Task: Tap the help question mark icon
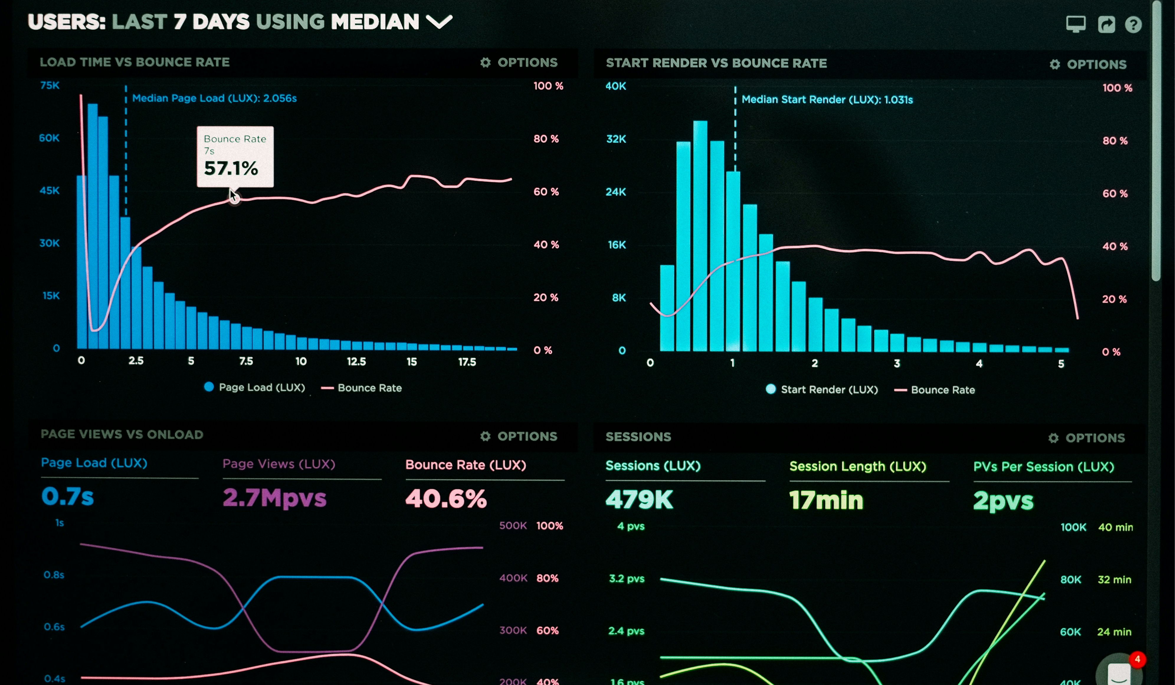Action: [1133, 24]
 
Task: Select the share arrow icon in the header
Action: [1106, 24]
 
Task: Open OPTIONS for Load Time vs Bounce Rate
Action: [519, 63]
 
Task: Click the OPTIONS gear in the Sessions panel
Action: [1086, 438]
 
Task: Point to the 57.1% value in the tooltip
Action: [231, 168]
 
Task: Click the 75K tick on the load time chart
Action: [50, 85]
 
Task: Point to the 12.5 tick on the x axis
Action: [356, 362]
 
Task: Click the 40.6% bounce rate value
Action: [446, 499]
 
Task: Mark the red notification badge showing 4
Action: [1137, 659]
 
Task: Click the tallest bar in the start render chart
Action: [700, 233]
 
